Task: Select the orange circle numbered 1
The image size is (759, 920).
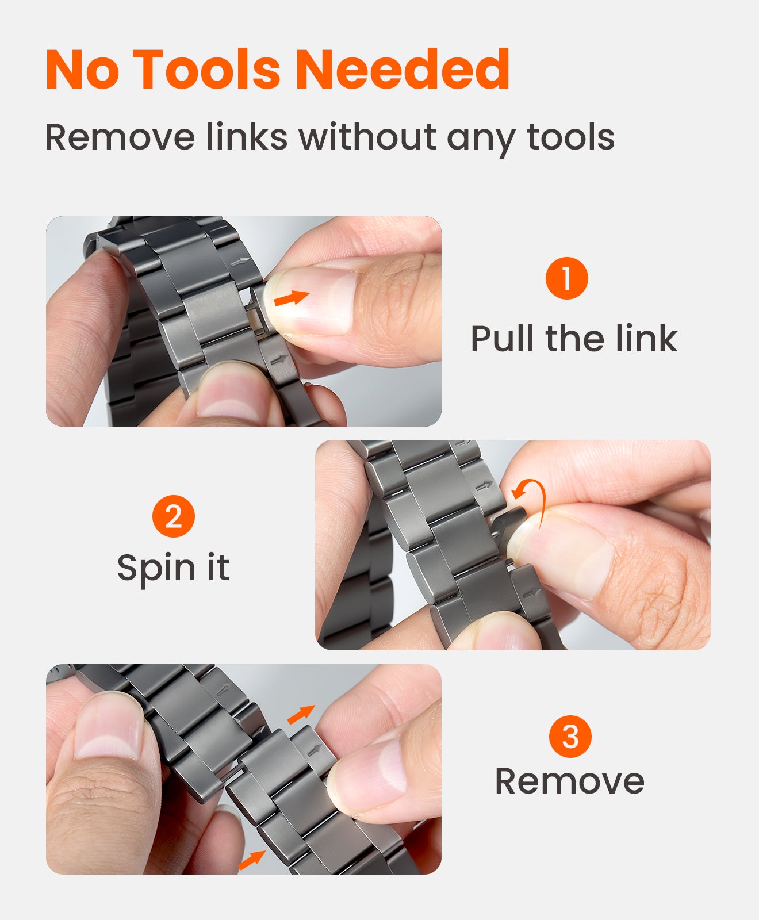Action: click(x=566, y=278)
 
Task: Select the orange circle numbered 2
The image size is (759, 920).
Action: click(x=173, y=516)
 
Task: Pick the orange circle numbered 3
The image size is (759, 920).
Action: click(x=570, y=737)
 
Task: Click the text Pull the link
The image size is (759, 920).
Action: click(x=573, y=339)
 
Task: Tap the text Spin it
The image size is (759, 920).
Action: click(x=173, y=569)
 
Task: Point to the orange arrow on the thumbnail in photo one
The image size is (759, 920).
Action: click(x=292, y=298)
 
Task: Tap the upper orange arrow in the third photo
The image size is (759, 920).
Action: click(x=301, y=714)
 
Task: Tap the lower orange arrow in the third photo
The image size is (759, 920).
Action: click(x=251, y=860)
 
